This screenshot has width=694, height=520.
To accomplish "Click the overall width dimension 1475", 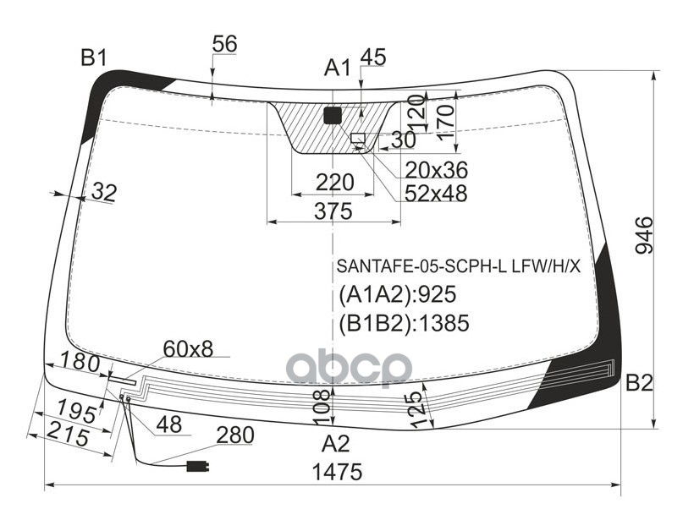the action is (x=337, y=472).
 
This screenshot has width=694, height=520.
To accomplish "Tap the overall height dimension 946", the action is (x=644, y=235).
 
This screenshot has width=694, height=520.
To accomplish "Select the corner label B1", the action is (x=94, y=57).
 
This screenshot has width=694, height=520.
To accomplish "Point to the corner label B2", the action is (x=639, y=383).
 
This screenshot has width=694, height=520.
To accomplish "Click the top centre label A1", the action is (x=337, y=68).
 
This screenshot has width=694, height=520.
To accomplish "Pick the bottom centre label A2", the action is (x=336, y=444).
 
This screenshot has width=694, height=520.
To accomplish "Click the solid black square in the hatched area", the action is (x=333, y=115).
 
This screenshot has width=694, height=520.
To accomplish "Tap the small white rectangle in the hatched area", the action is (x=358, y=138).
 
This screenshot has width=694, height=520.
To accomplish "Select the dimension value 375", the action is (x=333, y=211).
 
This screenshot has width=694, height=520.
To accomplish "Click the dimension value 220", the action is (x=334, y=182).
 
